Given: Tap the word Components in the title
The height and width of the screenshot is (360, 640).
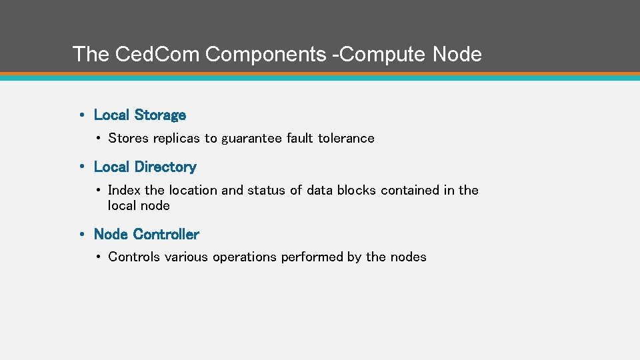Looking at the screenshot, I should coord(266,54).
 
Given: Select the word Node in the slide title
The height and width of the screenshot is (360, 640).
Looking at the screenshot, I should coord(457,54).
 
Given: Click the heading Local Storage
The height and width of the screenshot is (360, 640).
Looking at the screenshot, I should coord(140,115).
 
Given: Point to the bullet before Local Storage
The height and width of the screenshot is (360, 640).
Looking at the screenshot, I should coord(81,115).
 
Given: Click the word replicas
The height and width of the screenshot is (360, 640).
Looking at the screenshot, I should coord(177,139).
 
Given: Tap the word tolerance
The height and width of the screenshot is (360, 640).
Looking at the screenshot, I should coord(346,139).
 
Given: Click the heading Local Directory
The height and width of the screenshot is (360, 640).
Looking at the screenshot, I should coord(145,167).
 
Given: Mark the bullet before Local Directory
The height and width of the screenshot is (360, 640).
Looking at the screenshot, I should coord(81,167).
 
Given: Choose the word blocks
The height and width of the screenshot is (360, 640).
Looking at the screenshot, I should coord(357,191).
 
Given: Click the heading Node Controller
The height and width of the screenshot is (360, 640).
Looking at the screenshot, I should coord(147,235).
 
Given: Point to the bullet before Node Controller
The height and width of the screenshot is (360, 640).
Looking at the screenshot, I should coord(81,235).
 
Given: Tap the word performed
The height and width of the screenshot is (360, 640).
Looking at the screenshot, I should coord(312,257).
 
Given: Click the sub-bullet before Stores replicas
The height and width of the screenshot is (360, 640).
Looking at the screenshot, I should coord(97,139).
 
